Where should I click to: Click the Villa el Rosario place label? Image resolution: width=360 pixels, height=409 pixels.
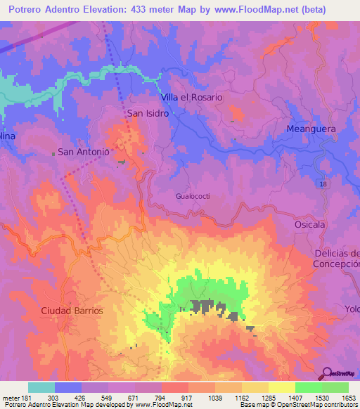[191, 97]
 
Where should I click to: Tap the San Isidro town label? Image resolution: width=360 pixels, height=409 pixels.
[148, 112]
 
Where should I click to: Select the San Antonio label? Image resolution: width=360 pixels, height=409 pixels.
[83, 151]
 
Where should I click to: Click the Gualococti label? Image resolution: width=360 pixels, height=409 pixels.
[193, 197]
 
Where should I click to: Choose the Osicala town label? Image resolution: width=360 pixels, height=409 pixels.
[310, 223]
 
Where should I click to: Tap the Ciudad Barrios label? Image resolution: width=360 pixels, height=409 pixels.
[72, 310]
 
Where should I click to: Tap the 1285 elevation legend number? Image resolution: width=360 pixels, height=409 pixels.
[259, 397]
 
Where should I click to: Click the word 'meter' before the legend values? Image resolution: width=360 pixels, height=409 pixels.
[10, 397]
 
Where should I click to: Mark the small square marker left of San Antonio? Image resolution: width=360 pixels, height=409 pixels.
[53, 152]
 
